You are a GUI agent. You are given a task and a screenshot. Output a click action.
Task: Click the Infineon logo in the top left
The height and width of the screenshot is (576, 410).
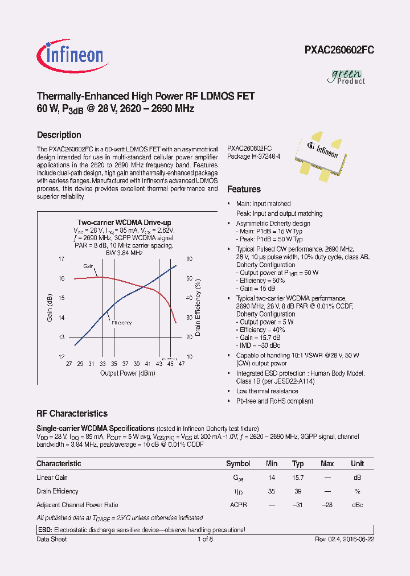[x=70, y=55]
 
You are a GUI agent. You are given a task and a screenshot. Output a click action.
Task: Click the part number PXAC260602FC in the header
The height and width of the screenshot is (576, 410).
[x=339, y=50]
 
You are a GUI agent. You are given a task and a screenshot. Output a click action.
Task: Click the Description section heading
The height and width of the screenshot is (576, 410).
[x=59, y=135]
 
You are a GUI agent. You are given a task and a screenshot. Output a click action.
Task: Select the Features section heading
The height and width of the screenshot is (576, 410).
[x=244, y=189]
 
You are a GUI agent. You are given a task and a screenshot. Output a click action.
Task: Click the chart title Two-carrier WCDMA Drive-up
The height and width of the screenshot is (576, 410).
[x=124, y=222]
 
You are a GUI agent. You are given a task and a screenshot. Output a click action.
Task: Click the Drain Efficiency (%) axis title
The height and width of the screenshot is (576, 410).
[x=198, y=308]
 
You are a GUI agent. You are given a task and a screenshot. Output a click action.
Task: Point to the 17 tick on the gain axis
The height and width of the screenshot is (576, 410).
[x=61, y=259]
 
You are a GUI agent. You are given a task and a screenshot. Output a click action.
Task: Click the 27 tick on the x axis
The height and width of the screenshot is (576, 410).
[x=69, y=364]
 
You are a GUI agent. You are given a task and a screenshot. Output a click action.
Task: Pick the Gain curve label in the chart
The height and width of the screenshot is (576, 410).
[x=88, y=266]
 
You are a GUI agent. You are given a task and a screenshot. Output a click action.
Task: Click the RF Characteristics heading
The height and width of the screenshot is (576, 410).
[x=72, y=414]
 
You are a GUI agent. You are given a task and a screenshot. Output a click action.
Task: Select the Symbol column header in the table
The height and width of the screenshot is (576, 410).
[x=238, y=463]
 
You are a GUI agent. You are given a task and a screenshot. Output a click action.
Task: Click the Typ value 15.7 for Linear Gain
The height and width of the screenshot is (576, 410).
[x=298, y=478]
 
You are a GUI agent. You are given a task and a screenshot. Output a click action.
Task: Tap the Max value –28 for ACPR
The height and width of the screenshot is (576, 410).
[x=327, y=504]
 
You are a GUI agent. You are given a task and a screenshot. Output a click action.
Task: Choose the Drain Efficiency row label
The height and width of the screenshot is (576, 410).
[x=58, y=491]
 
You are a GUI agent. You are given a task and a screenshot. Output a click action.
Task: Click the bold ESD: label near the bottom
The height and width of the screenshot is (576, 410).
[x=44, y=529]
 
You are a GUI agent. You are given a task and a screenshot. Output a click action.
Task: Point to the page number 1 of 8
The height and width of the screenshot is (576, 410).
[x=205, y=539]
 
